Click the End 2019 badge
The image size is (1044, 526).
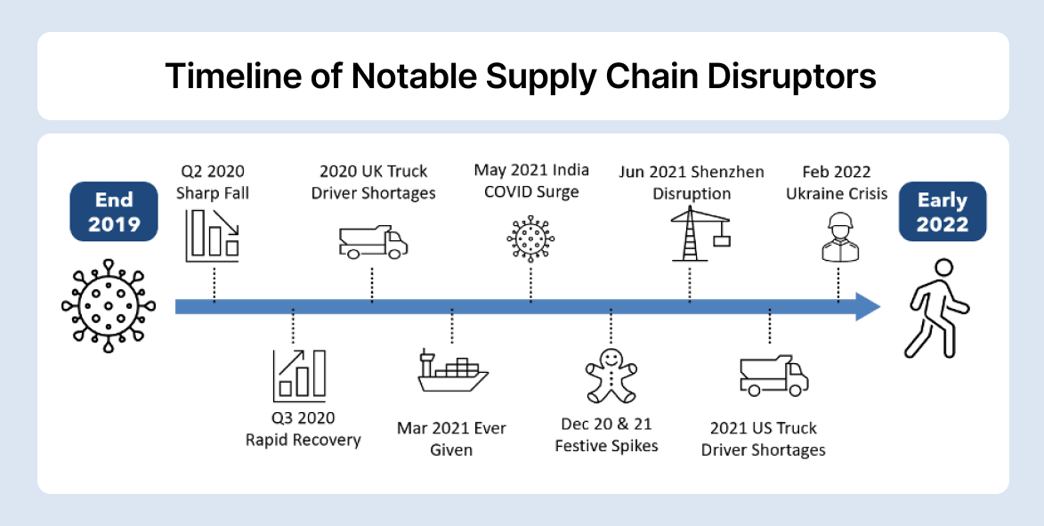(114, 212)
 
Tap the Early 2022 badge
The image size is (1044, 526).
(942, 212)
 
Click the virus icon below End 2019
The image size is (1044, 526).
(109, 307)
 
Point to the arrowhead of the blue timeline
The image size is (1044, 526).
(867, 306)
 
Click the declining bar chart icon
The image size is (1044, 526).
(212, 235)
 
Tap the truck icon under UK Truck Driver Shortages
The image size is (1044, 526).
(373, 241)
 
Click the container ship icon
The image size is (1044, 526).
(453, 375)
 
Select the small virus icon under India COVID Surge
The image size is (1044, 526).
(530, 239)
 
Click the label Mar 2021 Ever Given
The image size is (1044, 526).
(451, 438)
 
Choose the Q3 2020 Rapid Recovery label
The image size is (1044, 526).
(303, 429)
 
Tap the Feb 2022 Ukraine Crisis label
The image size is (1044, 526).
(836, 182)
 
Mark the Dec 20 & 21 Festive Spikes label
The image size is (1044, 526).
(606, 434)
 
